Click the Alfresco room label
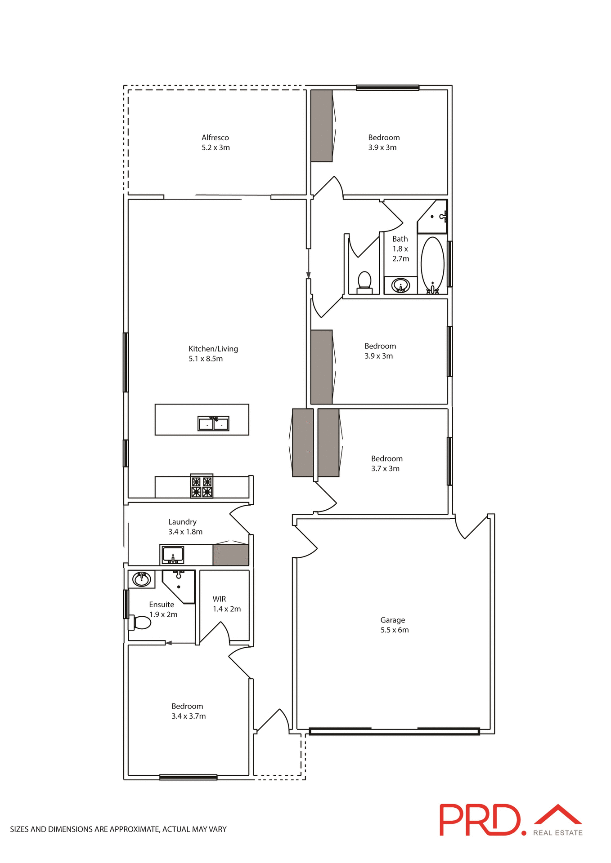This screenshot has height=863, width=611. click(x=216, y=142)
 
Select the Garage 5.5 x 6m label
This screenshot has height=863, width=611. click(x=394, y=625)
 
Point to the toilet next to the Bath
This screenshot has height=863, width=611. click(x=364, y=282)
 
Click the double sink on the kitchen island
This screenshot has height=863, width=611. click(x=213, y=423)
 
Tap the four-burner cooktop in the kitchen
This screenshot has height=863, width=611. click(x=202, y=486)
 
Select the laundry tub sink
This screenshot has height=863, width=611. click(x=173, y=555)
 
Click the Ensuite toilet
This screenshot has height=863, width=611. click(x=141, y=623)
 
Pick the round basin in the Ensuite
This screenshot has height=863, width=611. click(x=142, y=579)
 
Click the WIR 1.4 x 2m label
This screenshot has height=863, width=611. click(x=226, y=604)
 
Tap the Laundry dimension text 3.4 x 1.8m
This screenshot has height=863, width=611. click(x=185, y=532)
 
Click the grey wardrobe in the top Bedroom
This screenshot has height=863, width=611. click(x=321, y=126)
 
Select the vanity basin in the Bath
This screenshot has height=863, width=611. click(x=400, y=285)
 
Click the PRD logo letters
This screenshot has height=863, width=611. click(x=480, y=820)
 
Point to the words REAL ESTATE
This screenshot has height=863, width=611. click(x=558, y=833)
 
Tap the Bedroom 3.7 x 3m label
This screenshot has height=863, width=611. click(x=386, y=463)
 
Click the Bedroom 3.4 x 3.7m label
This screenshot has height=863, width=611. click(x=188, y=711)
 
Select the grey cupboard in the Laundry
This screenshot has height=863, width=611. click(x=230, y=555)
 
